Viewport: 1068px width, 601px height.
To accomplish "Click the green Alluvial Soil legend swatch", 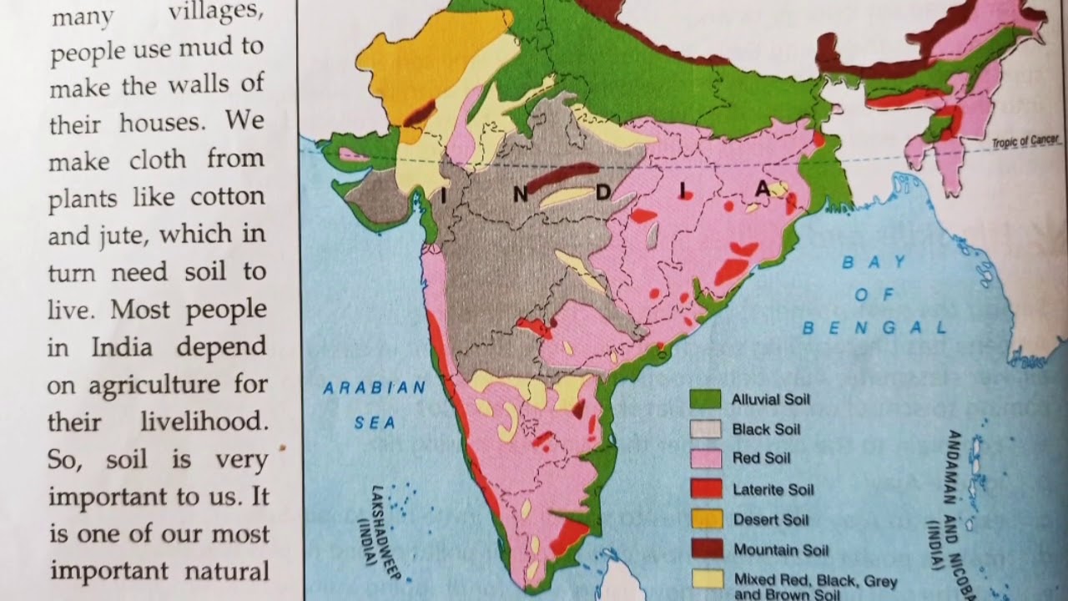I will [x=705, y=399].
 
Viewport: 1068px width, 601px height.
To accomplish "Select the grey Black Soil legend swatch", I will [x=705, y=429].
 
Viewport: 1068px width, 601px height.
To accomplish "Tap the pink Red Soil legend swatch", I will [x=705, y=458].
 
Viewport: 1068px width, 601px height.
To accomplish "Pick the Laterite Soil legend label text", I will [x=773, y=490].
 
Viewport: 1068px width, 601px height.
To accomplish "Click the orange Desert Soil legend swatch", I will [x=705, y=519].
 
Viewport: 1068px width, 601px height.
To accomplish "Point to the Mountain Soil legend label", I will [x=780, y=550].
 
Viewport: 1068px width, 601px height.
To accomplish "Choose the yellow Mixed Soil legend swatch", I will [x=705, y=578].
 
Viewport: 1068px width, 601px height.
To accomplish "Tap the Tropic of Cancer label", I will [x=1025, y=142].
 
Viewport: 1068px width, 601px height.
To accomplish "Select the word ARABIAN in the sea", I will [x=374, y=388].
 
